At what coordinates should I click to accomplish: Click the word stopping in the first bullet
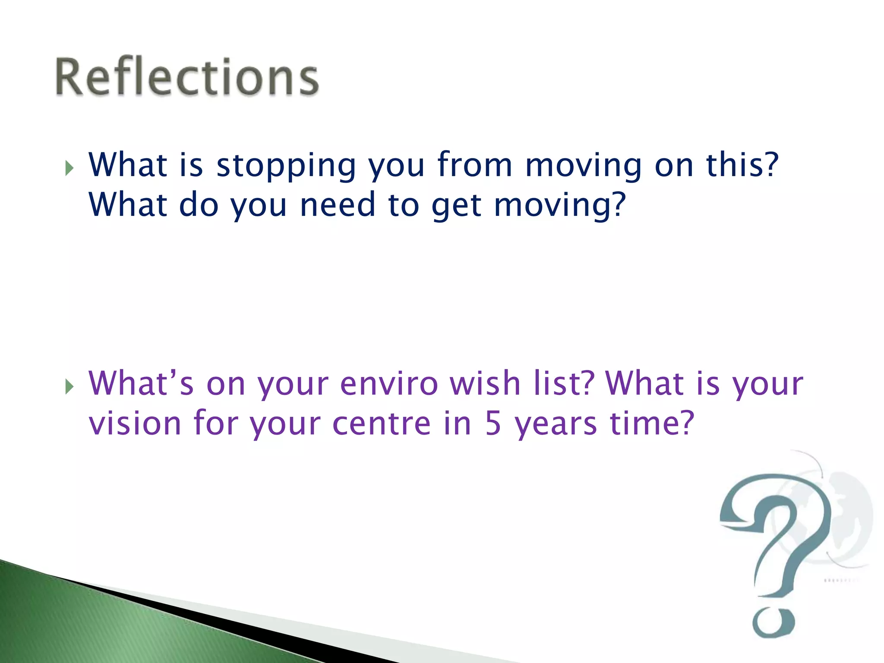click(x=286, y=166)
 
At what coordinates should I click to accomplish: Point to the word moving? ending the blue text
click(x=559, y=206)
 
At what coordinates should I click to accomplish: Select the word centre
click(x=382, y=424)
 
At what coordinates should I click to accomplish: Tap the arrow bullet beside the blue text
click(x=69, y=168)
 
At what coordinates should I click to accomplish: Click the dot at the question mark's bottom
click(x=773, y=622)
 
